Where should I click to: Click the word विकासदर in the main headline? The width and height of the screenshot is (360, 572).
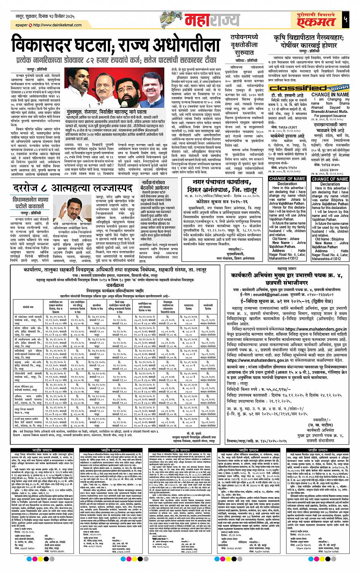(54, 45)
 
